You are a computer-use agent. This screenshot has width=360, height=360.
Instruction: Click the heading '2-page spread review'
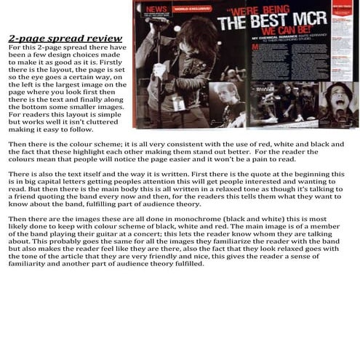(x=65, y=38)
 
